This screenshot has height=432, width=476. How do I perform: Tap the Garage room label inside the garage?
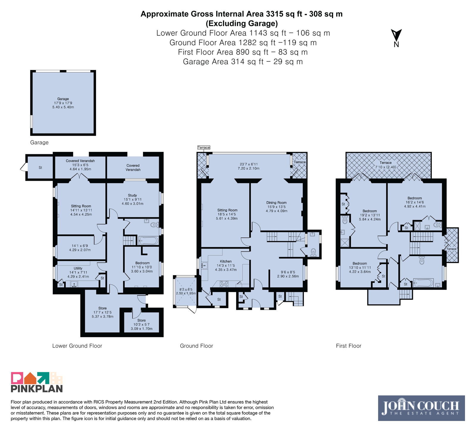point(63,103)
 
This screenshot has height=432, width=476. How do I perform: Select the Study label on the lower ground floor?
point(132,199)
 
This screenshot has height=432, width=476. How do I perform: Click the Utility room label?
point(78,272)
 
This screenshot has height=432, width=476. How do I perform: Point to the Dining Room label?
point(276,207)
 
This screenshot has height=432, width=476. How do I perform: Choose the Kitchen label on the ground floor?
point(226,266)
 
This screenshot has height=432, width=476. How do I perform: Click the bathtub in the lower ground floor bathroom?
point(148,240)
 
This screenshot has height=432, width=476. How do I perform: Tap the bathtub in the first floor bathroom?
point(423,283)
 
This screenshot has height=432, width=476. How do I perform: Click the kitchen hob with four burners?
point(224,284)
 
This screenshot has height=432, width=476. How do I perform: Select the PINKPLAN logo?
point(37,382)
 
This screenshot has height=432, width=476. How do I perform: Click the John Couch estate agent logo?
point(421,408)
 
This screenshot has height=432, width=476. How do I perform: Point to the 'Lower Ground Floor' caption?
point(77,346)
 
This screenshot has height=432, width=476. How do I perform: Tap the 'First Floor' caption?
point(349,346)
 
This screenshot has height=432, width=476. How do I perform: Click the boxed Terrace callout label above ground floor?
point(204,147)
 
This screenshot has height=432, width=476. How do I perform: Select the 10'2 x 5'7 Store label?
point(142,325)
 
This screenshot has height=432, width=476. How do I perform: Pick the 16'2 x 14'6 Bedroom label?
point(415,202)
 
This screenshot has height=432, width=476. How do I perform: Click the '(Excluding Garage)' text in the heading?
point(242,23)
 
